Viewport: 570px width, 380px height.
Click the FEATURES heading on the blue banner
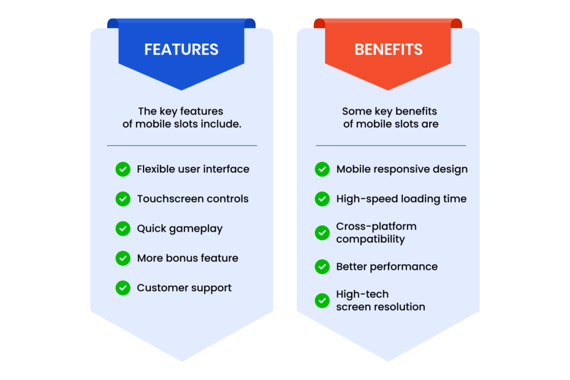tap(181, 50)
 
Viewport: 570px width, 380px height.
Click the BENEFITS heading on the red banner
tap(389, 50)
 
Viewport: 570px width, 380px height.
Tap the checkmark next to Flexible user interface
tap(123, 169)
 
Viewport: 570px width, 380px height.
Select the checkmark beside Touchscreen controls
tap(123, 199)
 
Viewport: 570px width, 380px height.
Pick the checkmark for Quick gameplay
tap(123, 229)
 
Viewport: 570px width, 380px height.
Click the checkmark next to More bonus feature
tap(123, 258)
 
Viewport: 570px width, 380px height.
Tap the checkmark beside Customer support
tap(123, 287)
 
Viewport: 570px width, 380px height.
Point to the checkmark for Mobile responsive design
tap(322, 169)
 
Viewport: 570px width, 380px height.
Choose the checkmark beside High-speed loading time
tap(322, 199)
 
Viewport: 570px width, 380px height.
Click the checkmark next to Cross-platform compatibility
tap(322, 233)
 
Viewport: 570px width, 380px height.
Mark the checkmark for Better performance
tap(322, 267)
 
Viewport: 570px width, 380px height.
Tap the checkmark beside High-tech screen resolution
tap(322, 300)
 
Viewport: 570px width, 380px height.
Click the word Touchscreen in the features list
tap(167, 199)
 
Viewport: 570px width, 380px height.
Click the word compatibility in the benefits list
tap(370, 239)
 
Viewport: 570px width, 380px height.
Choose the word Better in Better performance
tap(351, 267)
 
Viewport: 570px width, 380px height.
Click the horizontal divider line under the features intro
tap(182, 145)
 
